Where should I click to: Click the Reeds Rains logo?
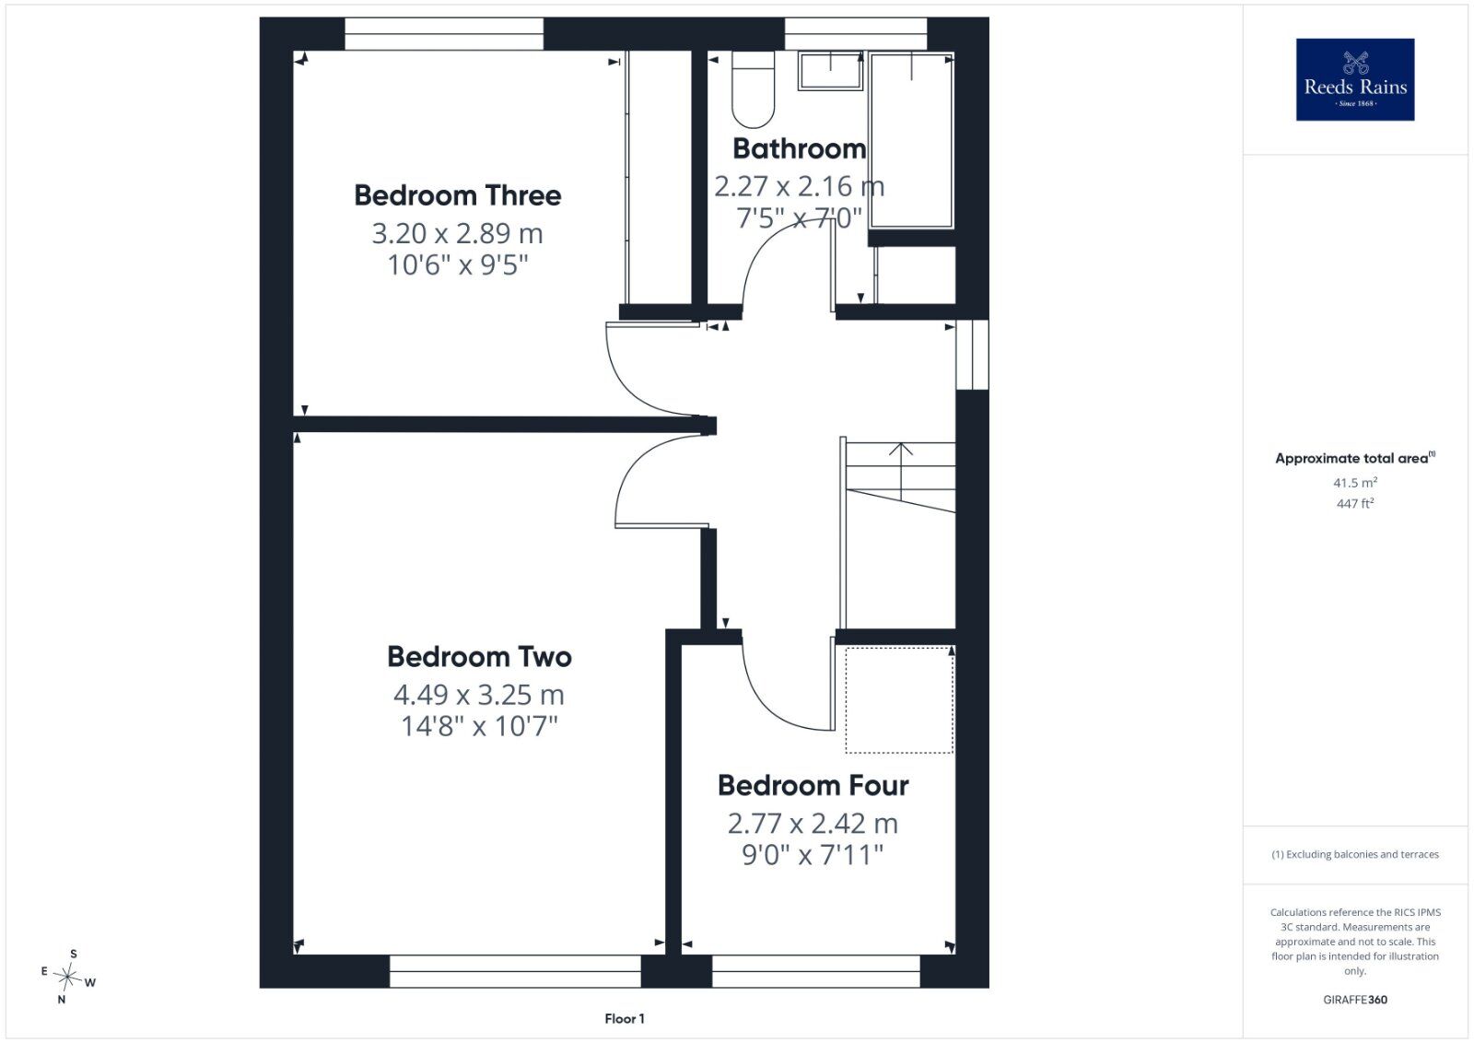(x=1355, y=79)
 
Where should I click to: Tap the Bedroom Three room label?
(x=458, y=195)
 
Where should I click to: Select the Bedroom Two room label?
(x=479, y=657)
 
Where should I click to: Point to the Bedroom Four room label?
(x=813, y=785)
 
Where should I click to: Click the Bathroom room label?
(x=799, y=148)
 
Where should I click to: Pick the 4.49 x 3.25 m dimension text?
(x=479, y=694)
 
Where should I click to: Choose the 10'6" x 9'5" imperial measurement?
(x=458, y=265)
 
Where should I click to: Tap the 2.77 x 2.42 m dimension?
(x=813, y=823)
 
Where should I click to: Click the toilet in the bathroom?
(x=753, y=89)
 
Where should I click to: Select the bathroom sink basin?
(x=830, y=70)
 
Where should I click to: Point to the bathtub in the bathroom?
(x=911, y=140)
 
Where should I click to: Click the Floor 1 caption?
(x=625, y=1019)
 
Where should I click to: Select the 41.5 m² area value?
(x=1355, y=483)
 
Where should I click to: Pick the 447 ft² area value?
(x=1355, y=503)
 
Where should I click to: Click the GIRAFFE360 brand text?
(x=1355, y=1000)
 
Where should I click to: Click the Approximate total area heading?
(x=1355, y=458)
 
